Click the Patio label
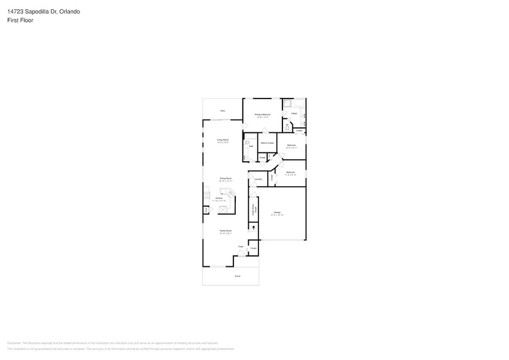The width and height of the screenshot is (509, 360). pyautogui.click(x=223, y=110)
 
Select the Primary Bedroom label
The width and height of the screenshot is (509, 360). pyautogui.click(x=263, y=114)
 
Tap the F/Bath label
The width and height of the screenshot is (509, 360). pyautogui.click(x=294, y=114)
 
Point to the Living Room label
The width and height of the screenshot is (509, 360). pyautogui.click(x=222, y=140)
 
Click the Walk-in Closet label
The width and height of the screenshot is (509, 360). pyautogui.click(x=267, y=143)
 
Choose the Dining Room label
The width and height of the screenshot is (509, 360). pyautogui.click(x=225, y=179)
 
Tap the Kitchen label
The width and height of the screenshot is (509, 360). pyautogui.click(x=219, y=198)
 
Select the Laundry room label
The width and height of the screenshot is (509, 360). pyautogui.click(x=258, y=179)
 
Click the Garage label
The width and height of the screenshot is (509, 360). pyautogui.click(x=277, y=212)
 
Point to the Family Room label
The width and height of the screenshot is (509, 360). pyautogui.click(x=225, y=231)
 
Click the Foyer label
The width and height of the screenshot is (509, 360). pyautogui.click(x=241, y=247)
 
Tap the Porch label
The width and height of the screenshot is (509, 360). pyautogui.click(x=237, y=276)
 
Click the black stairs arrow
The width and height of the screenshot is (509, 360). pyautogui.click(x=254, y=228)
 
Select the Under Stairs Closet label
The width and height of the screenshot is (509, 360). pyautogui.click(x=254, y=208)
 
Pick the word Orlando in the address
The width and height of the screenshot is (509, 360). pyautogui.click(x=71, y=12)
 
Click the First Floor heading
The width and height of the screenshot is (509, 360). pyautogui.click(x=21, y=20)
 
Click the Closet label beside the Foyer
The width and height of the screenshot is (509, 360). pyautogui.click(x=253, y=248)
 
